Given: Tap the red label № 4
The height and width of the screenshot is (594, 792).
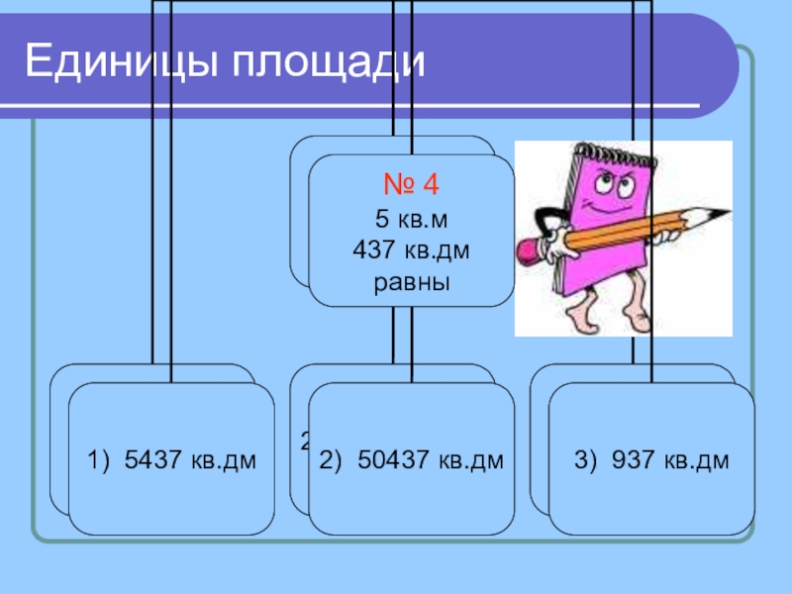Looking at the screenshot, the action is (x=411, y=186).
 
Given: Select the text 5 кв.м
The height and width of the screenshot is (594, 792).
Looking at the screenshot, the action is (x=411, y=220).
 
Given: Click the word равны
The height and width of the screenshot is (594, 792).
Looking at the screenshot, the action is (x=411, y=283).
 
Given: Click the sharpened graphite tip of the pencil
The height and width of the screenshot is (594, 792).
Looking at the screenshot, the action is (x=722, y=213).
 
